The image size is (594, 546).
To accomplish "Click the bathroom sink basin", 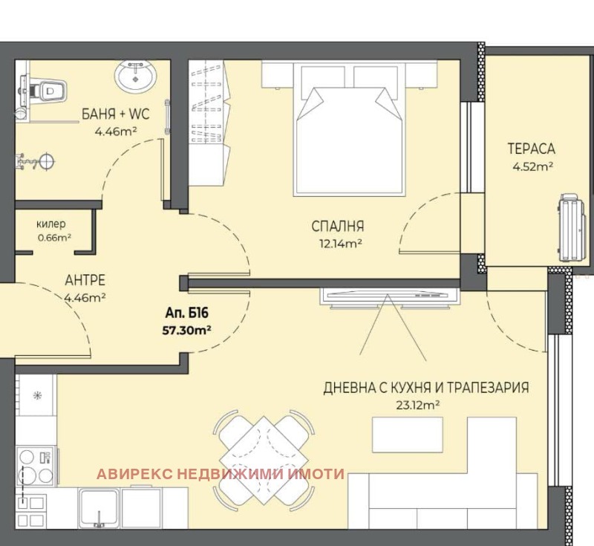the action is (135, 76).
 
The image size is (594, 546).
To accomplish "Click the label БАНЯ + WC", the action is (116, 114).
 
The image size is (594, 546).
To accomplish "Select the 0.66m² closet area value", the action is (54, 238).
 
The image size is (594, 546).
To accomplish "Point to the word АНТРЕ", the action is (85, 280).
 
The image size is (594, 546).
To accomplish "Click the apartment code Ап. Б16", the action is (187, 313).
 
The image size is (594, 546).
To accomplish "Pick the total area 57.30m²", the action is (186, 331).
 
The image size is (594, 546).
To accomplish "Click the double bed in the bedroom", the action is (349, 129).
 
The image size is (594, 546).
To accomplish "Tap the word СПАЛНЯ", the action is (338, 227).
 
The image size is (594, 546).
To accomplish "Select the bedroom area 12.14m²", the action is (341, 243).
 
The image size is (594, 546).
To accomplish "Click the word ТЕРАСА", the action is (531, 149).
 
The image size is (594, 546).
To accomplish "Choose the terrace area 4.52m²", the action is (533, 166).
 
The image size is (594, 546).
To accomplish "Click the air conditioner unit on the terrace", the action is (573, 227).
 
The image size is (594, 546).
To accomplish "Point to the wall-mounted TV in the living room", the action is (389, 296).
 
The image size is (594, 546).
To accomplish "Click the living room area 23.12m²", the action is (418, 405).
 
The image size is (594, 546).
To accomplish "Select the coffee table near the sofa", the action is (407, 435).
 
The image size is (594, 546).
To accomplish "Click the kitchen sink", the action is (99, 507).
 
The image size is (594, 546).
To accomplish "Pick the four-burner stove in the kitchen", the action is (36, 466).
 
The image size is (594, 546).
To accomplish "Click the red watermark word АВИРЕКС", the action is (135, 474).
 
